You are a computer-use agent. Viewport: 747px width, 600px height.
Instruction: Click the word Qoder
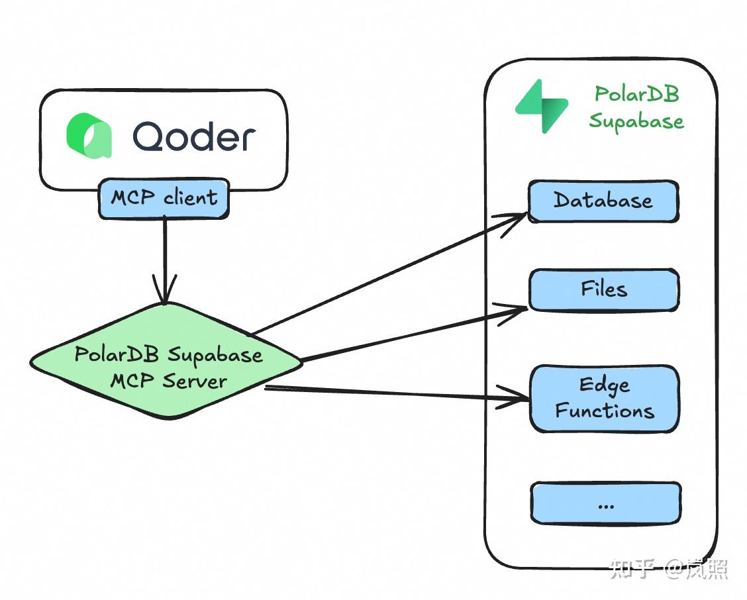pos(193,137)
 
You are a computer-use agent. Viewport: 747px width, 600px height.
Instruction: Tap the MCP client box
pos(164,198)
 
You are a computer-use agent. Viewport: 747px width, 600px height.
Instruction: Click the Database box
pos(603,201)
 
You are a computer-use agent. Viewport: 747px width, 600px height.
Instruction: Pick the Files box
pos(603,290)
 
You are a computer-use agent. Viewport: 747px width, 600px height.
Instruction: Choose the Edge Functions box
pos(604,398)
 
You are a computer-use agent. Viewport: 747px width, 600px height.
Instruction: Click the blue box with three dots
pos(605,504)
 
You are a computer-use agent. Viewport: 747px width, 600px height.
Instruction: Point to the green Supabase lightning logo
pos(542,106)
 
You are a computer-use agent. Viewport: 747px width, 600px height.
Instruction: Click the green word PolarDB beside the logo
pos(636,94)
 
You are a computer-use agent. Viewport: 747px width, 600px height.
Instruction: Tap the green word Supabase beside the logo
pos(636,121)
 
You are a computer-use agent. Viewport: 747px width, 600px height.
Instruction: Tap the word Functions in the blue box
pos(604,411)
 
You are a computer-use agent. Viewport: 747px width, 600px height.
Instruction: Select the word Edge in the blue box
pos(604,385)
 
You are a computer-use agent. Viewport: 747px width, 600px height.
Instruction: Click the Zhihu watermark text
pos(668,568)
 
